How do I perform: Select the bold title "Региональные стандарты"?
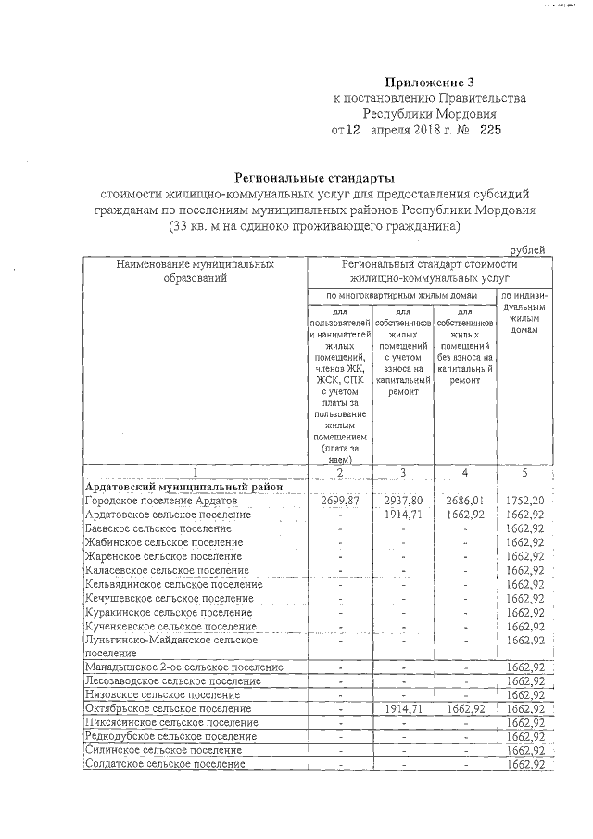pos(314,177)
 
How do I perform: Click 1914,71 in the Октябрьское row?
pos(404,708)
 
